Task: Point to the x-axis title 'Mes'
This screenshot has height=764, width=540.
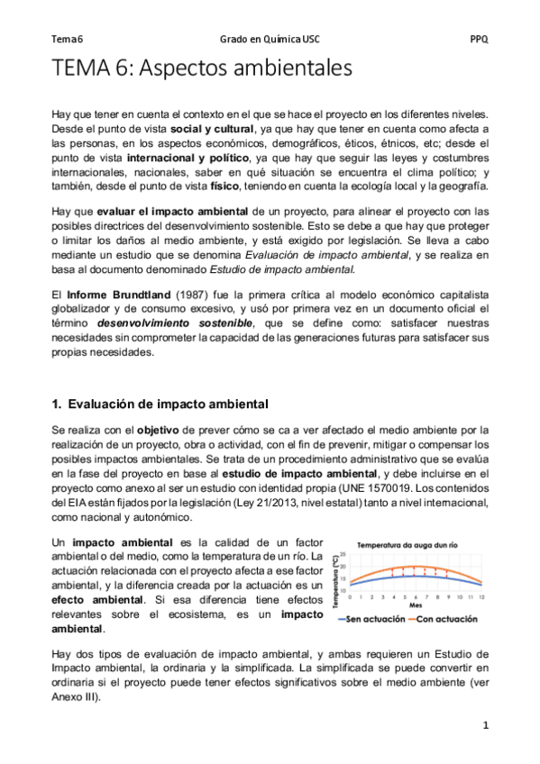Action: coord(415,605)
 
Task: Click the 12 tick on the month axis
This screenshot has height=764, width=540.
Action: coord(483,597)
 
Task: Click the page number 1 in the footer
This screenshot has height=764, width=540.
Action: coord(484,725)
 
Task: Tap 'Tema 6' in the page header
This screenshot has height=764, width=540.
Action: coord(67,40)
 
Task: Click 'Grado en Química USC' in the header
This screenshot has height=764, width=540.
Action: coord(269,40)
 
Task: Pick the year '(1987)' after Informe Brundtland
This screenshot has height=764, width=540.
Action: coord(185,294)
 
